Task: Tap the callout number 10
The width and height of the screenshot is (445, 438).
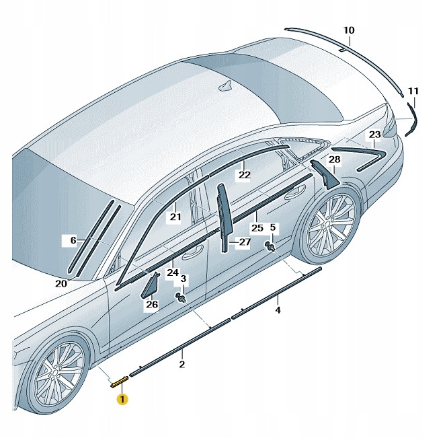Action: coord(348,30)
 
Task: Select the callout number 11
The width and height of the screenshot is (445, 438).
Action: coord(413,91)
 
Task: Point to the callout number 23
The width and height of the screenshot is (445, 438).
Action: coord(374,135)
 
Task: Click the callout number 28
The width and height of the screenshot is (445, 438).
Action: coord(334,159)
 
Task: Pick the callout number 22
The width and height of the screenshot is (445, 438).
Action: coord(244,175)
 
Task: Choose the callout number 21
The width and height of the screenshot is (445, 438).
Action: coord(175,217)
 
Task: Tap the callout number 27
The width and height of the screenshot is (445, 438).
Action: coord(244,241)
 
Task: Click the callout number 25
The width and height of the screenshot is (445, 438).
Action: coord(257,227)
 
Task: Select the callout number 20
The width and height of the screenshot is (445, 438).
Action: coord(60,283)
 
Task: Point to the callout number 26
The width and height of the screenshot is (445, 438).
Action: coord(151,305)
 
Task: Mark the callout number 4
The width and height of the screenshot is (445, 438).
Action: coord(278,310)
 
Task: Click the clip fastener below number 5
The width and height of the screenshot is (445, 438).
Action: coord(271,246)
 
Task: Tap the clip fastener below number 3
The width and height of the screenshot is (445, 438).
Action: coord(181,297)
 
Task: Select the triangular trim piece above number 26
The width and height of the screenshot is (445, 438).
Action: coord(150,285)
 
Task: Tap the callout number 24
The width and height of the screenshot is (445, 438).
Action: coord(173,272)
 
